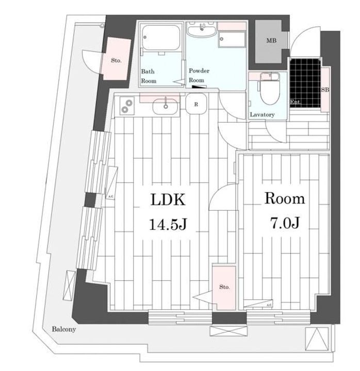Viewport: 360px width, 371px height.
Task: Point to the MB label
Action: [271, 41]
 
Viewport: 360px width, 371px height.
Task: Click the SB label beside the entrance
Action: [325, 91]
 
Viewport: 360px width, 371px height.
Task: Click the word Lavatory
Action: [262, 114]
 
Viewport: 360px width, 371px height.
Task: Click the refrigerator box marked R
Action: [196, 104]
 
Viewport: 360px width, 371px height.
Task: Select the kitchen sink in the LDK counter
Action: [166, 107]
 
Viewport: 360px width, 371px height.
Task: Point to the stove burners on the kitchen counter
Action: [126, 107]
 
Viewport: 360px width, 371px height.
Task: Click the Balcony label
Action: [64, 329]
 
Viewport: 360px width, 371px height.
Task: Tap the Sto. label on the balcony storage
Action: [116, 60]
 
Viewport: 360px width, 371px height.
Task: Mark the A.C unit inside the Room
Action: [268, 306]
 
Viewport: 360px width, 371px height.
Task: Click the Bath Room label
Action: [149, 76]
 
